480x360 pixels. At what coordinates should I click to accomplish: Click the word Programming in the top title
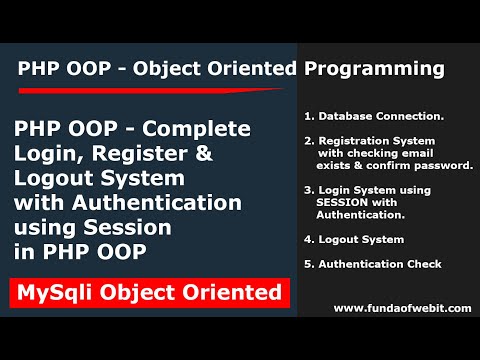(384, 69)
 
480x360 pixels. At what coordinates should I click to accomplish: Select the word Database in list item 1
(345, 115)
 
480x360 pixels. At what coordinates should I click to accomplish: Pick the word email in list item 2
(442, 155)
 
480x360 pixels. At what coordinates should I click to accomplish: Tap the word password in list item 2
(444, 166)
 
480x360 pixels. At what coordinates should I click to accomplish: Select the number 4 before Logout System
(307, 239)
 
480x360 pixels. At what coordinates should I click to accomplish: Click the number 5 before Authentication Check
(307, 264)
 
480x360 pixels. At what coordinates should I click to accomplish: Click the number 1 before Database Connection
(307, 115)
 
